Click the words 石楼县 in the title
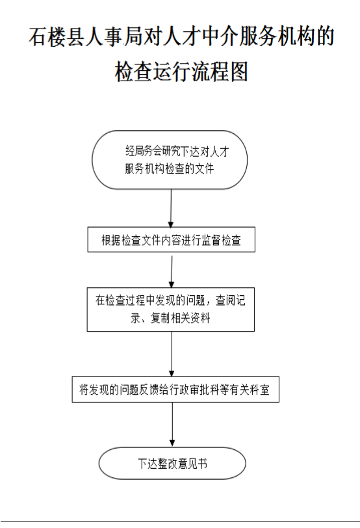coord(56,36)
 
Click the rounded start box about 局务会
coord(170,159)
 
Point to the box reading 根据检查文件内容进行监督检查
coord(172,240)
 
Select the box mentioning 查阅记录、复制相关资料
coord(171,310)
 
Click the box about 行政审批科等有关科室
coord(175,389)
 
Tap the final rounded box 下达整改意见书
coord(172,464)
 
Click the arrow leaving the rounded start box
coord(171,208)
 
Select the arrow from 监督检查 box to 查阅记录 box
coord(172,272)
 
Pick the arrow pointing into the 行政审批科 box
coord(172,354)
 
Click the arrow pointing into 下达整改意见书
coord(172,425)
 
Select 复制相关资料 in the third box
coord(180,317)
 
